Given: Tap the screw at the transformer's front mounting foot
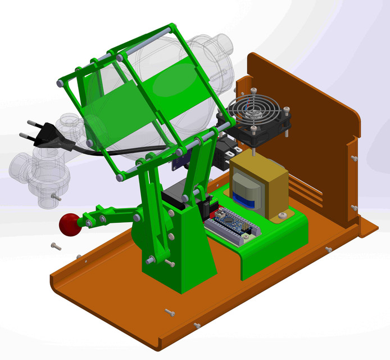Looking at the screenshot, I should click(283, 215).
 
